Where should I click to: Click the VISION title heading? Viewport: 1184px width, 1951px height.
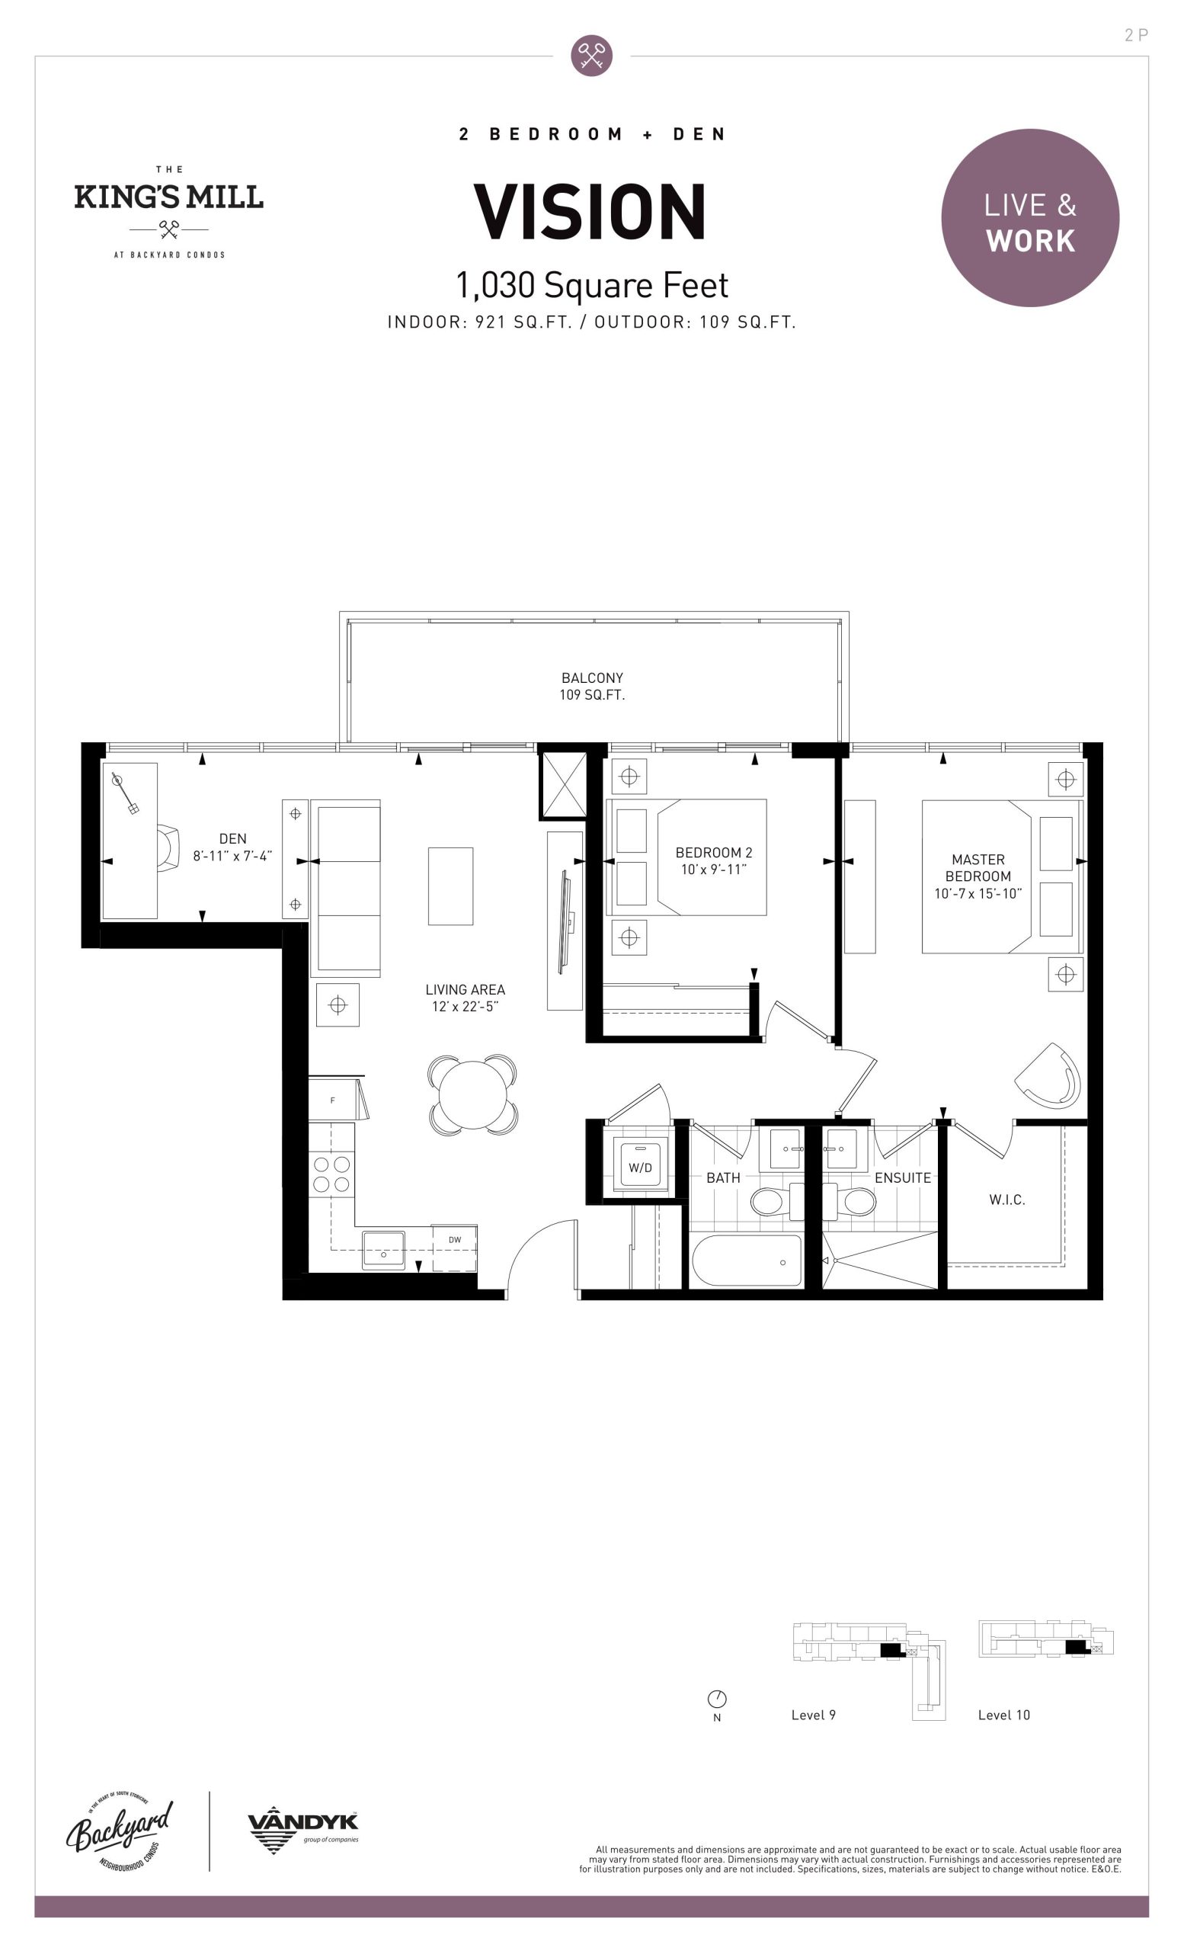tap(590, 211)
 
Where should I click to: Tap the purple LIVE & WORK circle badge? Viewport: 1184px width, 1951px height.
tap(1029, 218)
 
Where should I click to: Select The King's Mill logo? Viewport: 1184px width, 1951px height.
tap(168, 211)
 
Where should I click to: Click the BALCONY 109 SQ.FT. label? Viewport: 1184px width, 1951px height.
tap(592, 686)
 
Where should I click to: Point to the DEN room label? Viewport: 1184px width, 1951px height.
tap(232, 847)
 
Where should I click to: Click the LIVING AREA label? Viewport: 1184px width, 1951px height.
tap(466, 998)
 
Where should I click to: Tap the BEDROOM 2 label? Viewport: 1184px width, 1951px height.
tap(714, 860)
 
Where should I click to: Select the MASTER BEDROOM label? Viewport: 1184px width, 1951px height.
tap(978, 876)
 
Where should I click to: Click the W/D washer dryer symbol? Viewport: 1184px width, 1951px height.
tap(640, 1166)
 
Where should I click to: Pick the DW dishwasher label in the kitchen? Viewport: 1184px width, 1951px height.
tap(455, 1240)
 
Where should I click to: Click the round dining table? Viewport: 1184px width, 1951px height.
tap(472, 1096)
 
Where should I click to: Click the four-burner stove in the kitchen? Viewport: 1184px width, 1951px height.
tap(331, 1174)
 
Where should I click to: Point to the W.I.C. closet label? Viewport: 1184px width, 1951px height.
tap(1006, 1200)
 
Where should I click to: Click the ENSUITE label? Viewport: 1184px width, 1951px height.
tap(902, 1177)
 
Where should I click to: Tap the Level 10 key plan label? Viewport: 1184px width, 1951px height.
tap(1003, 1715)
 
